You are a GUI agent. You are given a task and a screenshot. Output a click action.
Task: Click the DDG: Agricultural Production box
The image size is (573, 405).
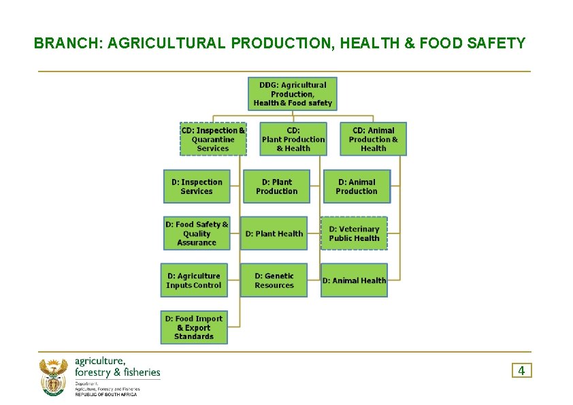[x=292, y=94]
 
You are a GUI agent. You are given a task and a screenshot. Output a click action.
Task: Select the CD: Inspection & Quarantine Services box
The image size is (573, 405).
[x=213, y=140]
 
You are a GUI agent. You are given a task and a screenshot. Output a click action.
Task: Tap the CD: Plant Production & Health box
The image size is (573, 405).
[x=293, y=140]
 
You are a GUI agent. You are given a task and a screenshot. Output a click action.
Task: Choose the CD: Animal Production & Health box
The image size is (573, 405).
[x=373, y=140]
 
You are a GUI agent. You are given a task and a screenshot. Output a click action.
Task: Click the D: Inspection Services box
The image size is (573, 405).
[x=197, y=187]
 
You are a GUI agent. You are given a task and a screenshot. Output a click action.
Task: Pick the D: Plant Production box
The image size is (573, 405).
[x=276, y=187]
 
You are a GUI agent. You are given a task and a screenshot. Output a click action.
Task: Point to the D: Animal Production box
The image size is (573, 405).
[x=356, y=187]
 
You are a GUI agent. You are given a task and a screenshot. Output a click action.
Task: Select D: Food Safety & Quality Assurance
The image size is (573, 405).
[x=197, y=233]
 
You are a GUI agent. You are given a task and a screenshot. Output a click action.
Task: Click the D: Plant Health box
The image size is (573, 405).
[x=274, y=233]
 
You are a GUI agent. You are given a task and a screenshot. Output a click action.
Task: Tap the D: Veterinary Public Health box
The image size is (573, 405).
[x=354, y=233]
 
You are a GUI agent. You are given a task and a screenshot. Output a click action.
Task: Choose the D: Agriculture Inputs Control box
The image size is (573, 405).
[x=194, y=280]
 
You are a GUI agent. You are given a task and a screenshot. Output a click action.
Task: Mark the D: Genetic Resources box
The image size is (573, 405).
[x=274, y=280]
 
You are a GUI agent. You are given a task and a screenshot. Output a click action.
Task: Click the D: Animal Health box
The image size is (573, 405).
[x=354, y=280]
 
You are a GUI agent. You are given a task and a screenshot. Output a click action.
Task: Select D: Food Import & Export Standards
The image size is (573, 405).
[x=194, y=327]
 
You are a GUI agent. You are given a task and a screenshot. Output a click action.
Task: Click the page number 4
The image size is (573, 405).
[x=521, y=370]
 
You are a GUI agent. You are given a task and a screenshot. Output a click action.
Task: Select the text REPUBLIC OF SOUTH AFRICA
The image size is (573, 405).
[x=105, y=395]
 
